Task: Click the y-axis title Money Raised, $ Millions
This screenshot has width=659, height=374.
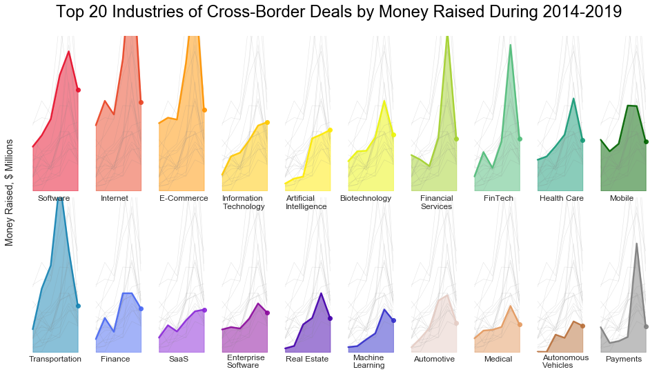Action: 10,192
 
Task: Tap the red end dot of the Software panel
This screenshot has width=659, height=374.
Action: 78,90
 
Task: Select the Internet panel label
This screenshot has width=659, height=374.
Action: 114,199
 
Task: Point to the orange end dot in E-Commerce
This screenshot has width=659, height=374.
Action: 204,110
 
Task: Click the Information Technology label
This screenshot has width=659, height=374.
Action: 243,202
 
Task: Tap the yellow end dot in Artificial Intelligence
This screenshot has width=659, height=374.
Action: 331,130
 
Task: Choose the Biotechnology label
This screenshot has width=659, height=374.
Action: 366,199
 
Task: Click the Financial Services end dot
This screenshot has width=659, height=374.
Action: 456,139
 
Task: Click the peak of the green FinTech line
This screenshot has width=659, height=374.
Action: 510,45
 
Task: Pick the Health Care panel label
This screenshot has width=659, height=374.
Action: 562,199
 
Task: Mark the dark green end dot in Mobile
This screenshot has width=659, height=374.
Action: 646,141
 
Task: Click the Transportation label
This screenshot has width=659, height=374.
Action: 55,360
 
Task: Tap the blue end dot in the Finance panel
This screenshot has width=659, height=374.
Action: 141,308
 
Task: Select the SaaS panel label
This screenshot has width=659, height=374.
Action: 178,360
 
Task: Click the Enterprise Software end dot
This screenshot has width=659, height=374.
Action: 267,313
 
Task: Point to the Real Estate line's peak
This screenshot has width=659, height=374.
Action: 321,293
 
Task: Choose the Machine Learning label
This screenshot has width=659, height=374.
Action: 368,362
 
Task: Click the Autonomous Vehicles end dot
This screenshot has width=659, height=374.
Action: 582,326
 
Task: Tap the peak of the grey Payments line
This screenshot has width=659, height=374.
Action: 636,243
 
